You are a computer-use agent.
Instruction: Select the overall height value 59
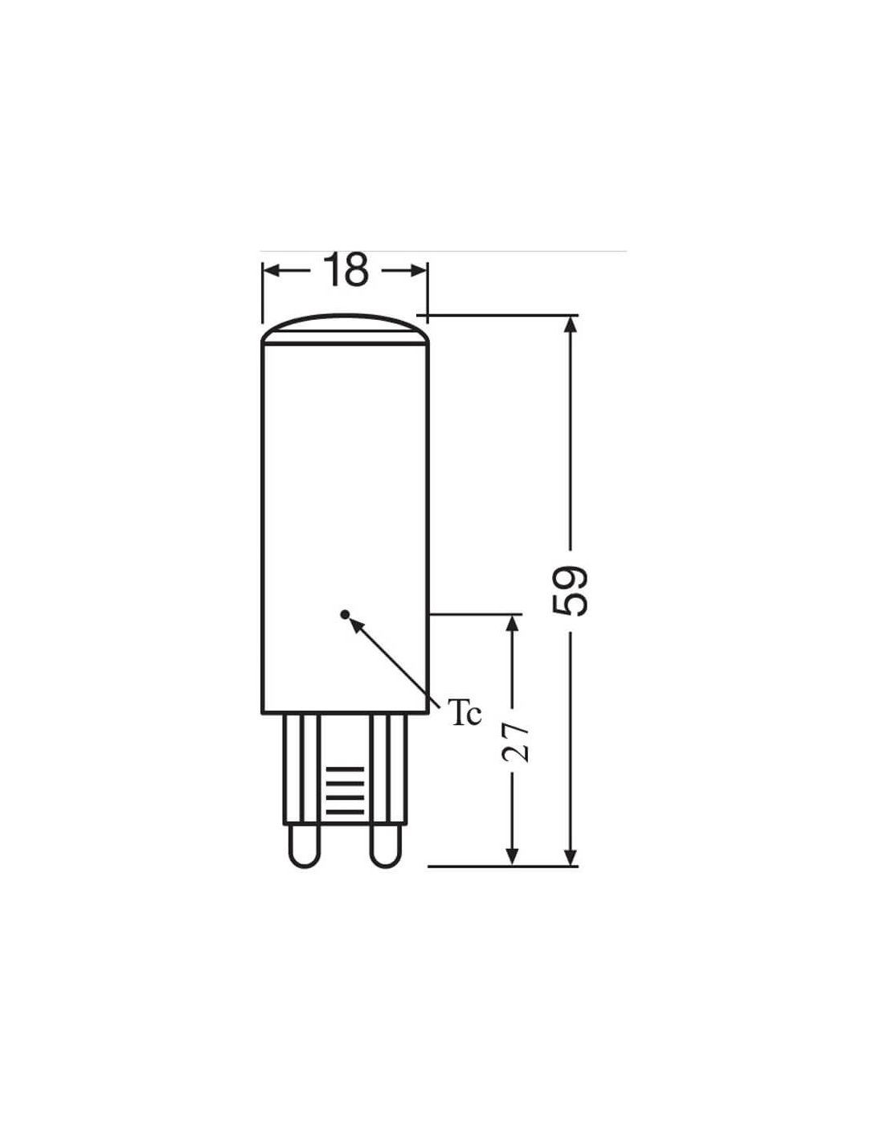pyautogui.click(x=570, y=591)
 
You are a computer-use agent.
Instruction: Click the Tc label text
pyautogui.click(x=466, y=713)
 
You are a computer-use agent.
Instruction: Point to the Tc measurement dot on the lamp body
pyautogui.click(x=345, y=613)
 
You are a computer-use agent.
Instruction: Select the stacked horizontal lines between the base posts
pyautogui.click(x=345, y=791)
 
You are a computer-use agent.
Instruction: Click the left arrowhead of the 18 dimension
pyautogui.click(x=271, y=271)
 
